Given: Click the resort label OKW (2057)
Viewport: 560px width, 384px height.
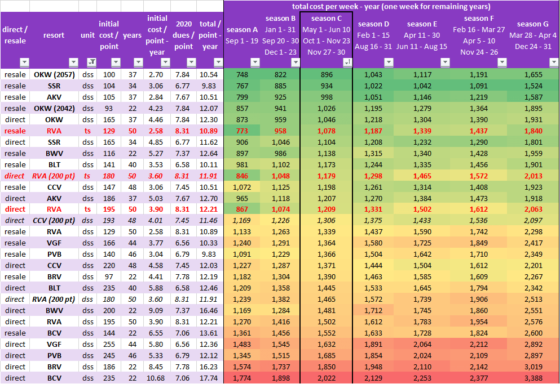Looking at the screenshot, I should pyautogui.click(x=54, y=74).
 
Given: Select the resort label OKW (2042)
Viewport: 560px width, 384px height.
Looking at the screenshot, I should pyautogui.click(x=54, y=108).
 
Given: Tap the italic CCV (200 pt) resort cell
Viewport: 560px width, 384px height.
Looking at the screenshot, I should pyautogui.click(x=54, y=220).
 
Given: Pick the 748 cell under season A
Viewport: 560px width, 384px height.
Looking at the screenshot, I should pyautogui.click(x=242, y=74).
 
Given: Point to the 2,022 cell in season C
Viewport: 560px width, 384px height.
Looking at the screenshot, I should pyautogui.click(x=327, y=378).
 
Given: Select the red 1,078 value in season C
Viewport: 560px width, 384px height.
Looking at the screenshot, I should pyautogui.click(x=327, y=131).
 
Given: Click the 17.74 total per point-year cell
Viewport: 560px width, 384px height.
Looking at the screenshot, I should pyautogui.click(x=209, y=378).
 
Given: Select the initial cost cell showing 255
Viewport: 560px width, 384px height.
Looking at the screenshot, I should pyautogui.click(x=109, y=344).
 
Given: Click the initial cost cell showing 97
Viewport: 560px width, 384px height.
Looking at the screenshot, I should pyautogui.click(x=109, y=276).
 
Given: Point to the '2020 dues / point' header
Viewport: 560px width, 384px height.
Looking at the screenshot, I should pyautogui.click(x=184, y=35).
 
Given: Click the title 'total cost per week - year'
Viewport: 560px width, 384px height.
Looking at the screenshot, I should pyautogui.click(x=391, y=7).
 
